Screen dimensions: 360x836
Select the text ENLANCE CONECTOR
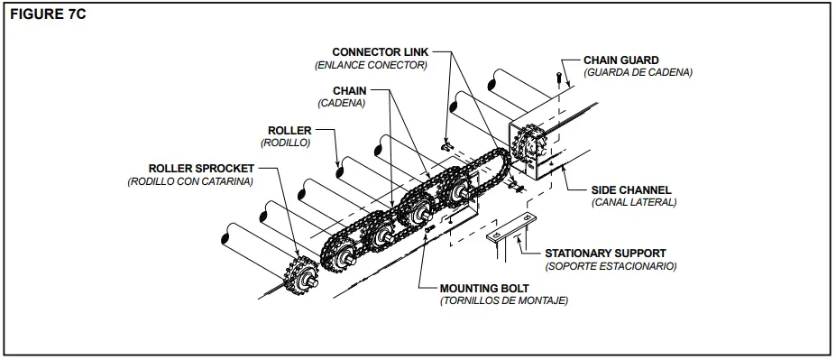[371, 65]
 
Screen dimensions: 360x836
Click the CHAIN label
[349, 90]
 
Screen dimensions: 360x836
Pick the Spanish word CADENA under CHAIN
[341, 103]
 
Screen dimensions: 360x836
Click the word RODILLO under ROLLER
[286, 143]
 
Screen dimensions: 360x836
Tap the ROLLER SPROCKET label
[201, 168]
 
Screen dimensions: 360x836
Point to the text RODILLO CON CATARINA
[190, 181]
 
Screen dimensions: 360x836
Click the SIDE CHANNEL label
[631, 189]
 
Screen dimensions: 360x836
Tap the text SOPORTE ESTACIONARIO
[611, 266]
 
